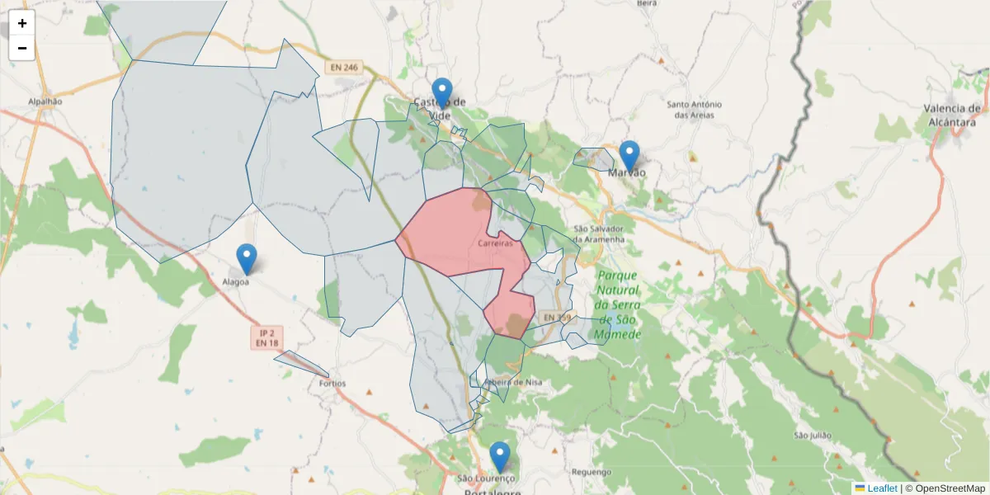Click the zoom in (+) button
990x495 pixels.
pyautogui.click(x=22, y=23)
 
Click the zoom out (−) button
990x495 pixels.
pyautogui.click(x=22, y=48)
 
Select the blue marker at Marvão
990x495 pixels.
pyautogui.click(x=629, y=155)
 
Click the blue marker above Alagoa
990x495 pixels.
pyautogui.click(x=247, y=258)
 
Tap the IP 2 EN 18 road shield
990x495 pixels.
pyautogui.click(x=266, y=337)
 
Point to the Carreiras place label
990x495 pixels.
pyautogui.click(x=495, y=243)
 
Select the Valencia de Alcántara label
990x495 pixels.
pyautogui.click(x=952, y=115)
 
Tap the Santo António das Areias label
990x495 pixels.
pyautogui.click(x=694, y=110)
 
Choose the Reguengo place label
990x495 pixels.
pyautogui.click(x=592, y=472)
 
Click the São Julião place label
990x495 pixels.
pyautogui.click(x=810, y=435)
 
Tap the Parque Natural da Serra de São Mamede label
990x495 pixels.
pyautogui.click(x=619, y=305)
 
